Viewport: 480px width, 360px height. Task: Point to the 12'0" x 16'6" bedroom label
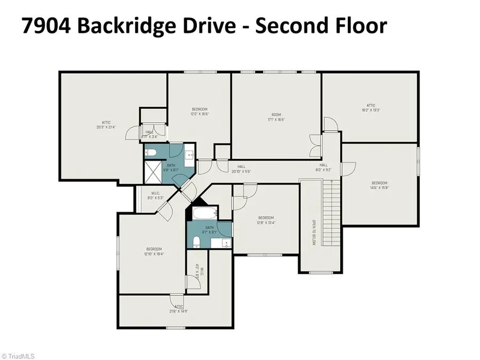click(199, 111)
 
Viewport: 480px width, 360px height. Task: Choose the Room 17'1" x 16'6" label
click(276, 117)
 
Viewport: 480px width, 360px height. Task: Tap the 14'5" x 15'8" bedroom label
click(379, 185)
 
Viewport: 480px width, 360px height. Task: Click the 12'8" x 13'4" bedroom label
click(266, 220)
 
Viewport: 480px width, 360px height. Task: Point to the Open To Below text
click(315, 232)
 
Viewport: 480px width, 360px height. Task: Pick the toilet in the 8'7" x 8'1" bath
click(196, 243)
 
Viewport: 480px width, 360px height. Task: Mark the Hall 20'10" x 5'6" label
click(241, 169)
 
